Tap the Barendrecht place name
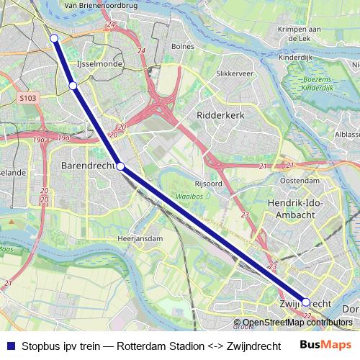84,166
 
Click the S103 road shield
28,96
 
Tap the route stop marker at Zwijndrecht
306,302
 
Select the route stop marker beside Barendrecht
121,167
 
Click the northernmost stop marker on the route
54,38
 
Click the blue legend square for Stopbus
9,346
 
